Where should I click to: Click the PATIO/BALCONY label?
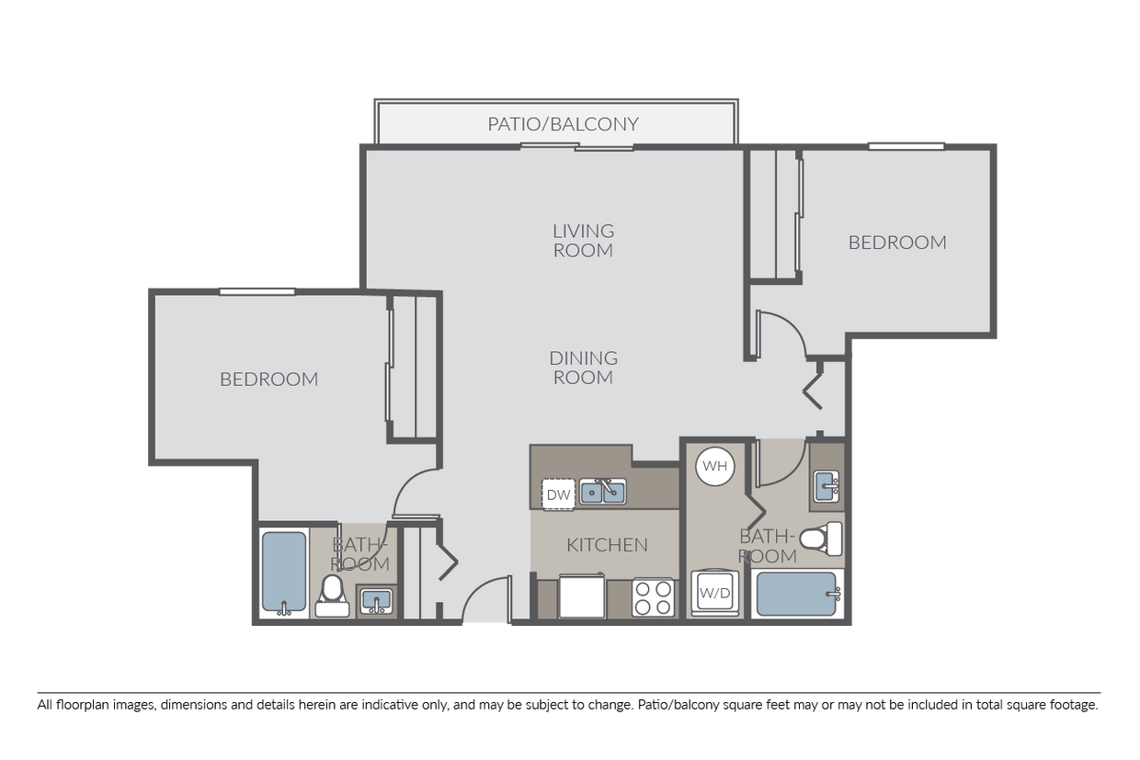[563, 124]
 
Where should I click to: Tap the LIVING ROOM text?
[583, 240]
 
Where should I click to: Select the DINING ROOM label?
[583, 368]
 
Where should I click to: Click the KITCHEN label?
[607, 545]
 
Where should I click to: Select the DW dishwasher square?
[558, 494]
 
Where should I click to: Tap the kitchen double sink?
[601, 493]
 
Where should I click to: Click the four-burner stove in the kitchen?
[654, 598]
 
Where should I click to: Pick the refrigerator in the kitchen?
[581, 596]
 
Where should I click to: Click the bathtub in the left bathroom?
[283, 573]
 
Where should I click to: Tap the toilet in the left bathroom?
[331, 595]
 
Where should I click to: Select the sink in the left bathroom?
[375, 601]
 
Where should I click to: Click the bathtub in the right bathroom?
[796, 594]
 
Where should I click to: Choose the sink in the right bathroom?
[826, 485]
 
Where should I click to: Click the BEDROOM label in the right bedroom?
[897, 243]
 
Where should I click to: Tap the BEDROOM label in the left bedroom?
[268, 379]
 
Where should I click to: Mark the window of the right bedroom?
[906, 145]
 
